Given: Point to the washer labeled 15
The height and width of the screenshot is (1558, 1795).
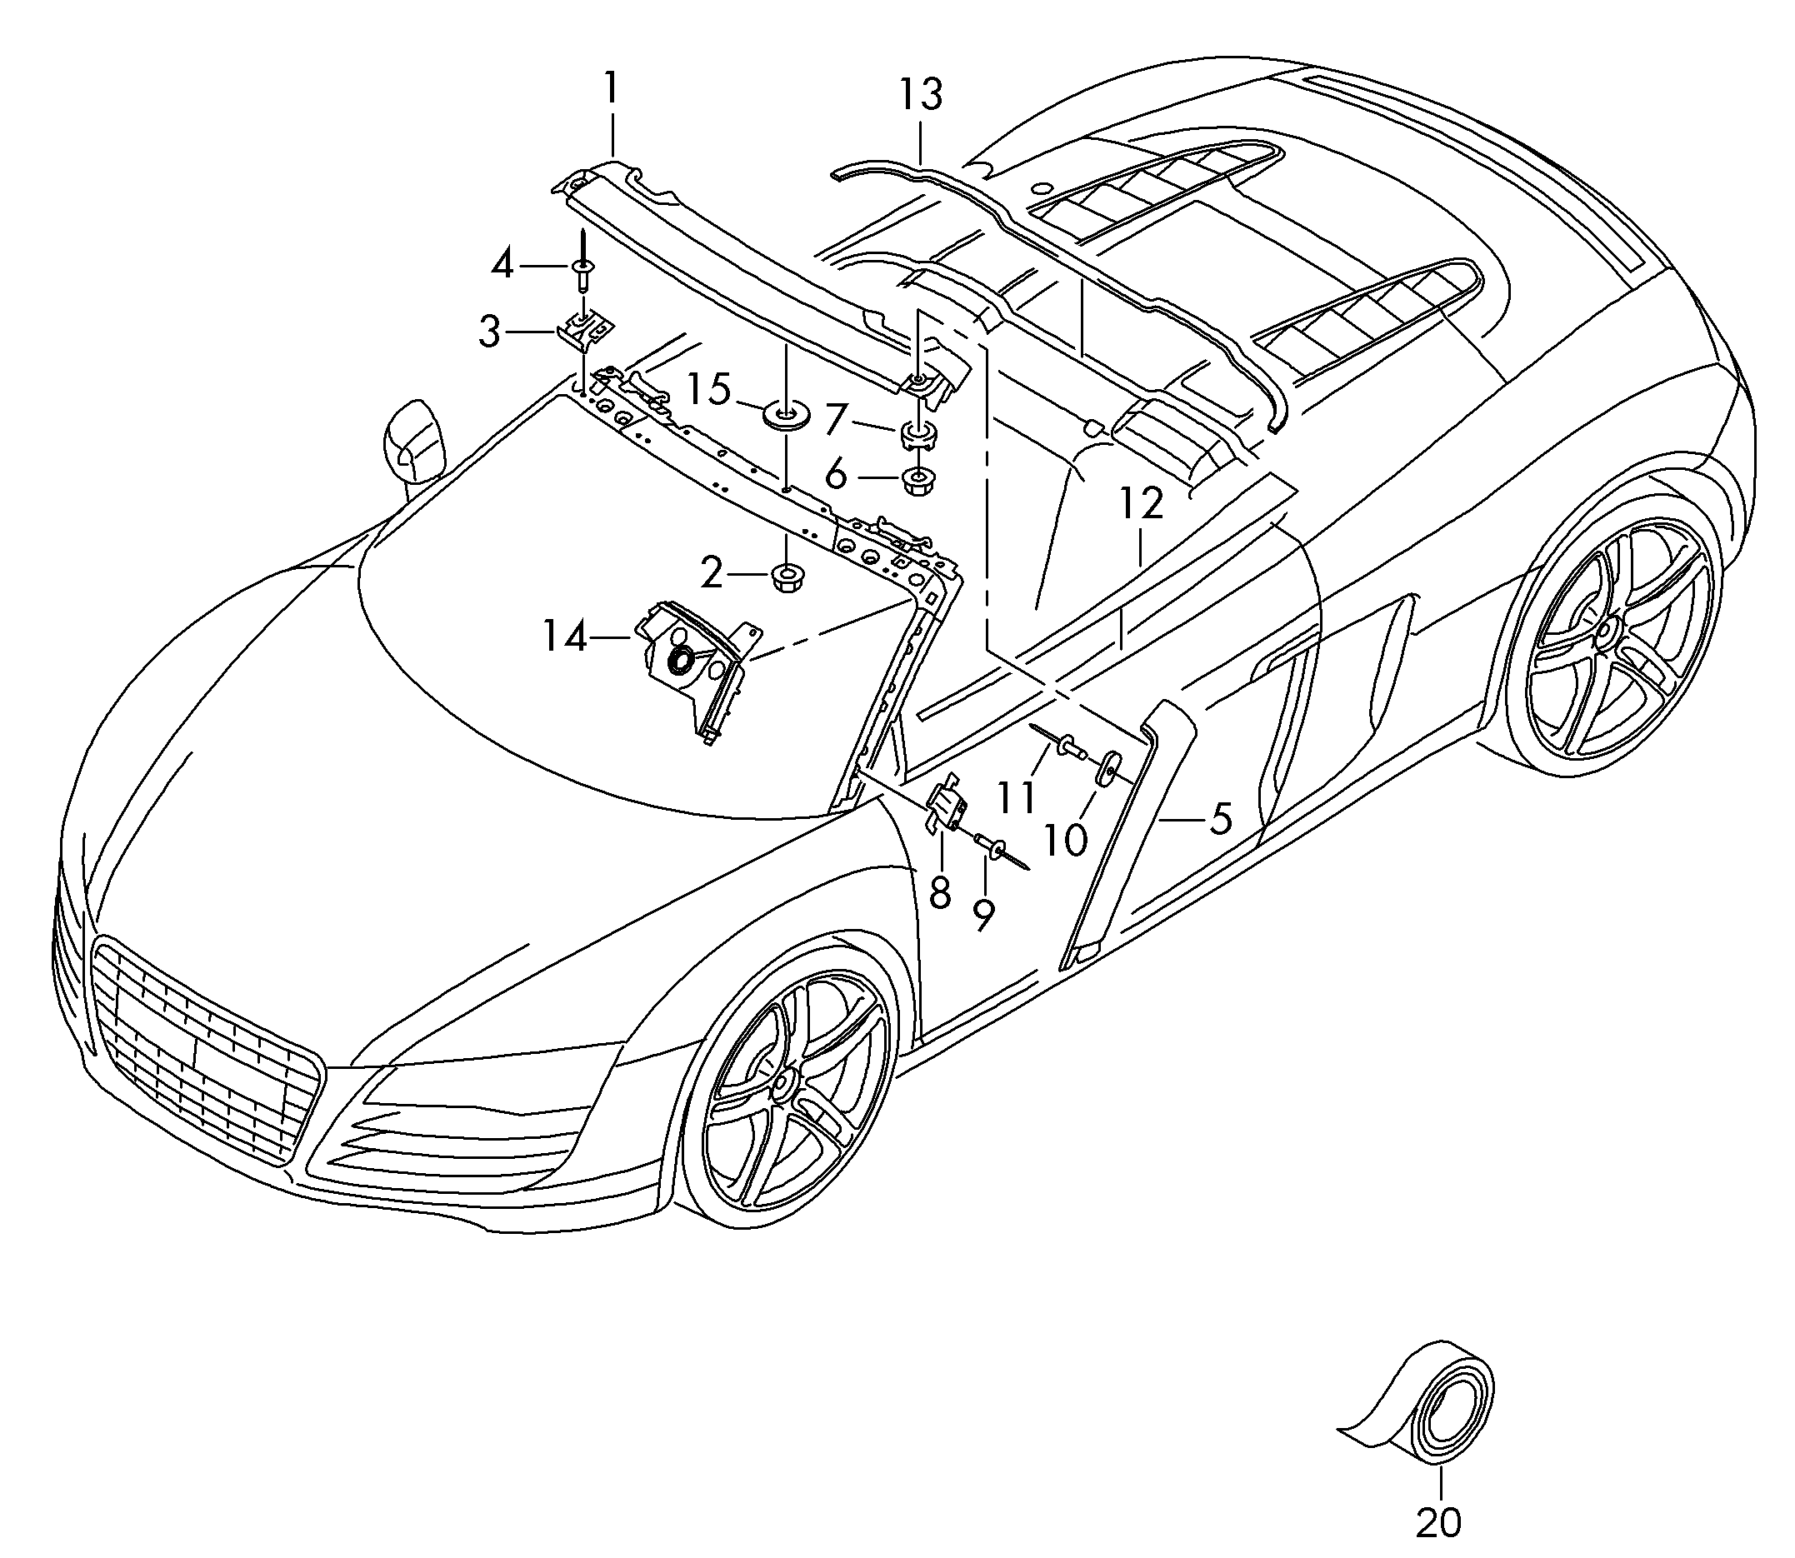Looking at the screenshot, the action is tap(785, 416).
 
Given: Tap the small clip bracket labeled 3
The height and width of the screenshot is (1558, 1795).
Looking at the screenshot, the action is tap(585, 332).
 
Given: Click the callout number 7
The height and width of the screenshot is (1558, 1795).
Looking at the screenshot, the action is tap(836, 420).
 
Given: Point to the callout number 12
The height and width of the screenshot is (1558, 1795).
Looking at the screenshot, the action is tap(1141, 503).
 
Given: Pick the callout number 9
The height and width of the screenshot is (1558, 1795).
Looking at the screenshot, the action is tap(983, 915).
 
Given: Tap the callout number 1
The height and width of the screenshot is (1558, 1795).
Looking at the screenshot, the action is tap(612, 87).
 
